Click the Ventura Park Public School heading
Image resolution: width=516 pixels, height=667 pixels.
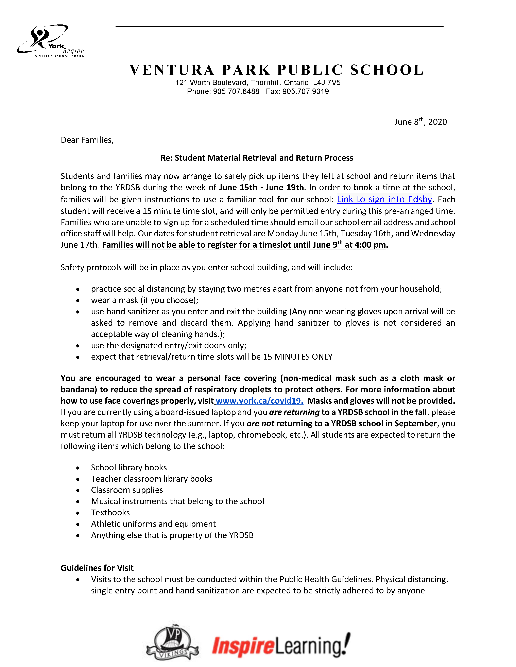276,70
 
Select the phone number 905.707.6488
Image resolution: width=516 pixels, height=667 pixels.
236,92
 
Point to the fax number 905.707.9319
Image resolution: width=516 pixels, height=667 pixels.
305,92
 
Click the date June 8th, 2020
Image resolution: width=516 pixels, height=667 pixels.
420,122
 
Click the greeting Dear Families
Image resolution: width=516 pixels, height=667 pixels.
87,140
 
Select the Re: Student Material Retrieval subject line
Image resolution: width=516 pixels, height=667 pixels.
257,158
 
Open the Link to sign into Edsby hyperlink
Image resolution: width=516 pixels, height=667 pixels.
384,199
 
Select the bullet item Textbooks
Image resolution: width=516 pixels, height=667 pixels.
110,512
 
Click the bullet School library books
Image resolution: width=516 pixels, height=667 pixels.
129,468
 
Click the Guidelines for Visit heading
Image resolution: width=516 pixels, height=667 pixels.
97,568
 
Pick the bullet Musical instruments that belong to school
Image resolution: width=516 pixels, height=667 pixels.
177,501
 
